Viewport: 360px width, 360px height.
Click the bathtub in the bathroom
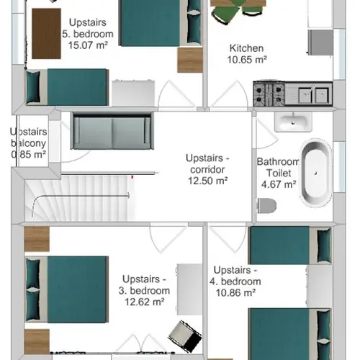pyautogui.click(x=315, y=175)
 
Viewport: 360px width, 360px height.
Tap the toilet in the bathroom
pyautogui.click(x=267, y=207)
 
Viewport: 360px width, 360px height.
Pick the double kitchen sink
pyautogui.click(x=312, y=93)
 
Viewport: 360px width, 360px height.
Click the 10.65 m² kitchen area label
pyautogui.click(x=248, y=60)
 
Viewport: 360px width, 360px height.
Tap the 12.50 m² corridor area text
pyautogui.click(x=207, y=181)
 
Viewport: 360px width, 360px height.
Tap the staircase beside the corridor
pyautogui.click(x=76, y=199)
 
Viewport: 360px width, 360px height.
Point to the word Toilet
pyautogui.click(x=277, y=173)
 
